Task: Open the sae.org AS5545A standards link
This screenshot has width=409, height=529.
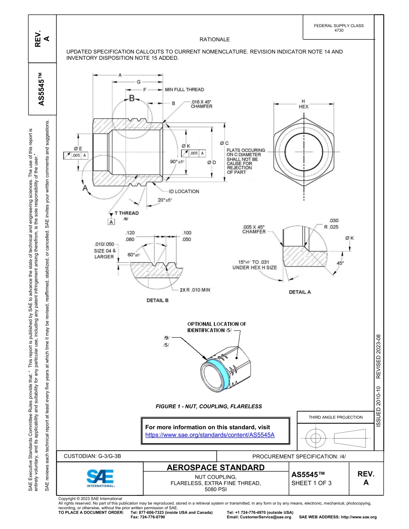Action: coord(210,435)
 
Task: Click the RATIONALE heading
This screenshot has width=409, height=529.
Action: coord(215,40)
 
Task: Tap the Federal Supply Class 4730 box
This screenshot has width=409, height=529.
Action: coord(338,28)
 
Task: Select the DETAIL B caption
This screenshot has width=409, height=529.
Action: coord(158,300)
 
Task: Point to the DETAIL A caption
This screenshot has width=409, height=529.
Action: coord(300,292)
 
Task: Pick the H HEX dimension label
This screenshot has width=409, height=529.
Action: coord(304,104)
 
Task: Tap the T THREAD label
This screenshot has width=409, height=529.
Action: coord(126,213)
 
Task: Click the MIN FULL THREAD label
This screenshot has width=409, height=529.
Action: coord(184,89)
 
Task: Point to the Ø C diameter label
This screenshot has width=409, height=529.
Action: coord(224,143)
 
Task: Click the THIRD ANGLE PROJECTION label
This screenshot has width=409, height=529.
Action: coord(335,417)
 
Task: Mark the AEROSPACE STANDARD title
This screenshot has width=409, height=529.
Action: coord(215,467)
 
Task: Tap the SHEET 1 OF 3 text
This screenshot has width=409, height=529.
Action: coord(311,483)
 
